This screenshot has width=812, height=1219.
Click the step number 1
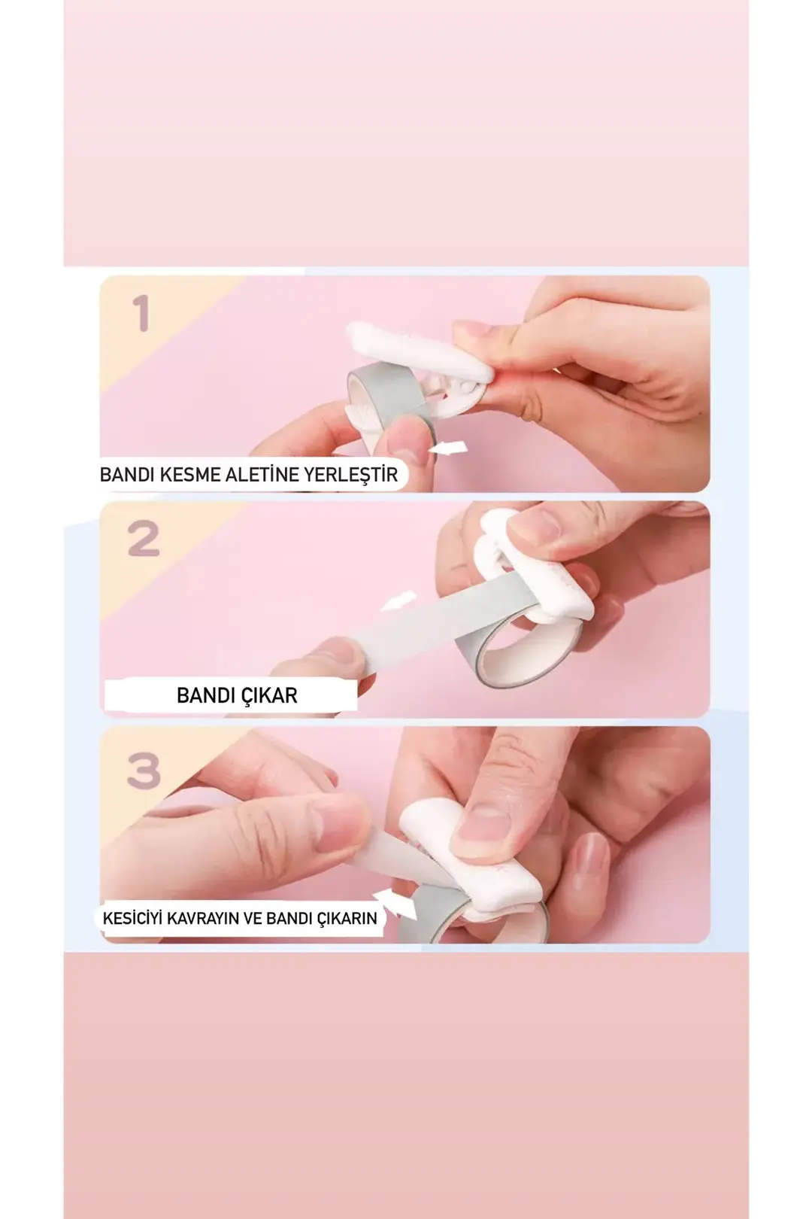pyautogui.click(x=141, y=313)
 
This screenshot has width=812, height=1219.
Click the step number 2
pyautogui.click(x=144, y=539)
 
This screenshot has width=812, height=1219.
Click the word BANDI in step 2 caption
pyautogui.click(x=205, y=696)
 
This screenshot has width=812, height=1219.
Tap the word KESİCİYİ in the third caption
pyautogui.click(x=133, y=918)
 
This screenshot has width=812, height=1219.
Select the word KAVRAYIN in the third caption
pyautogui.click(x=204, y=918)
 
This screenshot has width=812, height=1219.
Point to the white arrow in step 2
pyautogui.click(x=398, y=602)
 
